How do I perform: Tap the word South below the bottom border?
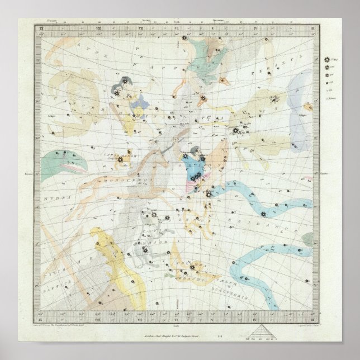pos(177,317)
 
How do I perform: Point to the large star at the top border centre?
pos(184,38)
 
